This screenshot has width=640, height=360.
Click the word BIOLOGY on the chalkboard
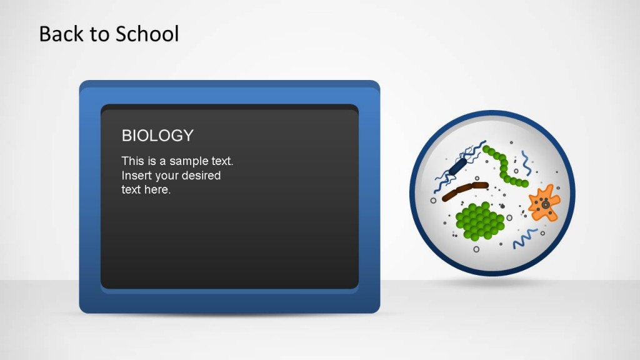157,136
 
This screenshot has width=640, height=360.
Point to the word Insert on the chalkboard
136,176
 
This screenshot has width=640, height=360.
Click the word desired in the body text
201,176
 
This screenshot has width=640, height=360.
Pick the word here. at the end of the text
157,190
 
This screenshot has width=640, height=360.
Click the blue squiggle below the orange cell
525,238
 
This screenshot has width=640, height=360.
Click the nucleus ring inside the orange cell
546,204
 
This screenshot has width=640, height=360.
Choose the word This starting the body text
132,161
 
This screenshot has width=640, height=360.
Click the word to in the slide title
99,34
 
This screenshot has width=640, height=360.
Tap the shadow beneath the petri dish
492,282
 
